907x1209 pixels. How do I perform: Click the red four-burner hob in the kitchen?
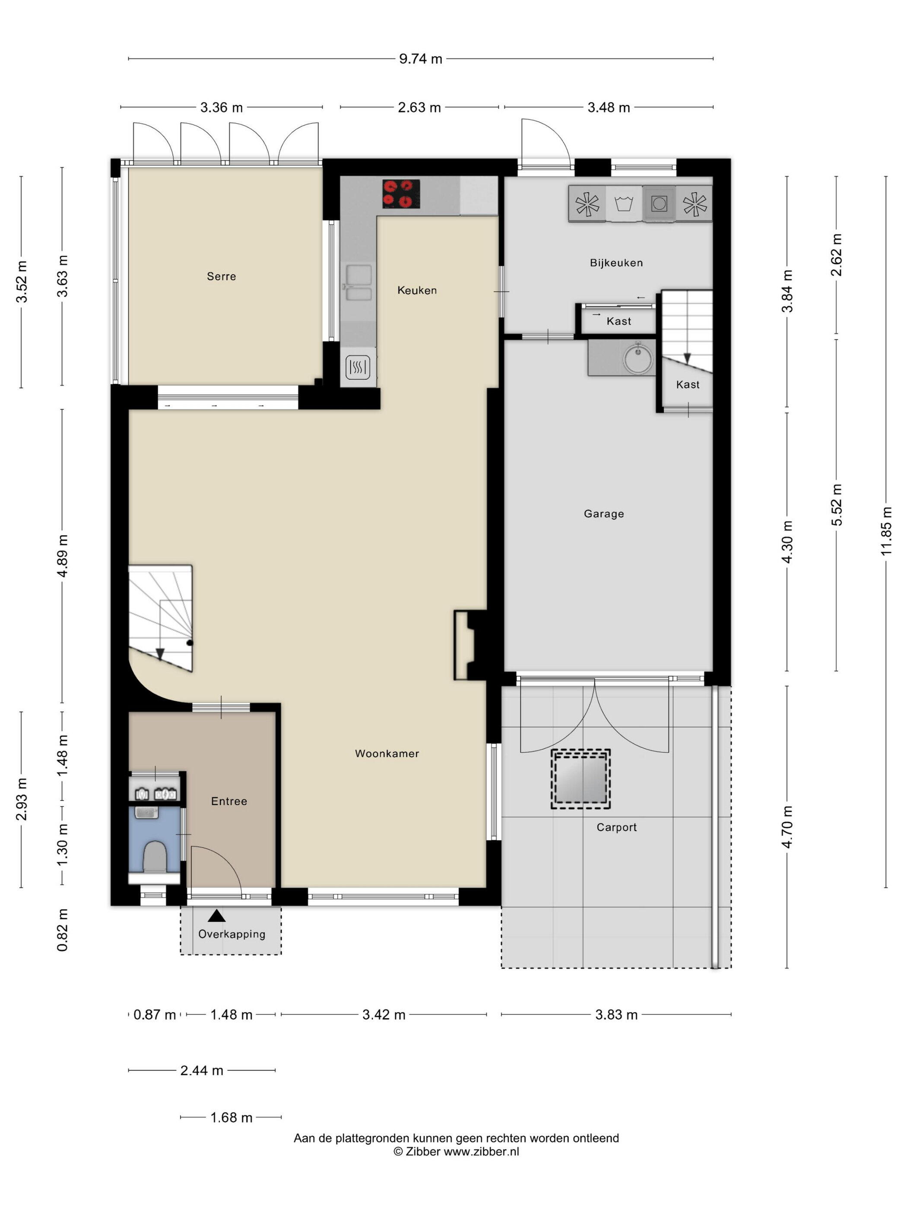pyautogui.click(x=401, y=194)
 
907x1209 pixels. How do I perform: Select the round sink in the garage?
pyautogui.click(x=638, y=358)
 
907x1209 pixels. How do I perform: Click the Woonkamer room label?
pyautogui.click(x=387, y=754)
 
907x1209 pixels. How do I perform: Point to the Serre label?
pyautogui.click(x=222, y=277)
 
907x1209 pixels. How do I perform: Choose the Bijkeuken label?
pyautogui.click(x=616, y=263)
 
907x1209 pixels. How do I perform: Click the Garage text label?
pyautogui.click(x=603, y=514)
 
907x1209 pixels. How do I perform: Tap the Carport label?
pyautogui.click(x=617, y=827)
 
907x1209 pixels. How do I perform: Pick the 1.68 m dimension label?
pyautogui.click(x=231, y=1118)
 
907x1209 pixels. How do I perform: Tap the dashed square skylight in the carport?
pyautogui.click(x=580, y=779)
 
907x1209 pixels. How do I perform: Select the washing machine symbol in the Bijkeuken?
pyautogui.click(x=624, y=204)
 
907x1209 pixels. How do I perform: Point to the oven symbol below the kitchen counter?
pyautogui.click(x=358, y=368)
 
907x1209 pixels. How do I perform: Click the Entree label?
pyautogui.click(x=229, y=801)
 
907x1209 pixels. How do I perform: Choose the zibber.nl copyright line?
pyautogui.click(x=456, y=1152)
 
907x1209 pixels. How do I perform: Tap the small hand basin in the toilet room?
pyautogui.click(x=146, y=813)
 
